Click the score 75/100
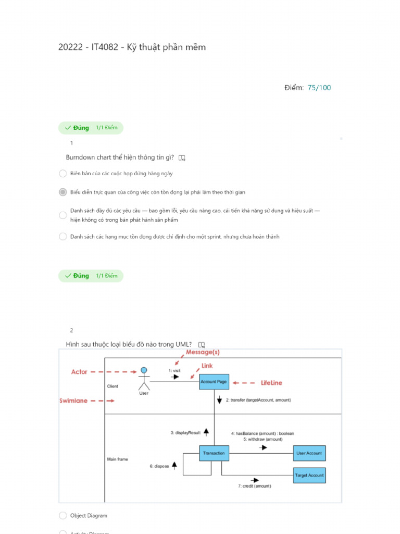319,88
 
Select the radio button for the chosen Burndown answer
63,192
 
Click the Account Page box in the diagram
214,382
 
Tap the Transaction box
214,453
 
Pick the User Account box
309,453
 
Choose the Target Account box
309,475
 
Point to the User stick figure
144,379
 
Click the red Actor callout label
79,372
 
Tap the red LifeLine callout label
271,383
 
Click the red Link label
207,366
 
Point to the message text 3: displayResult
185,433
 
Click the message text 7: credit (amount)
255,486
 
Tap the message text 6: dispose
159,466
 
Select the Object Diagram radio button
63,516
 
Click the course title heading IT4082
132,47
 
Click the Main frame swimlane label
118,459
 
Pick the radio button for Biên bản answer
63,173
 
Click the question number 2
71,330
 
